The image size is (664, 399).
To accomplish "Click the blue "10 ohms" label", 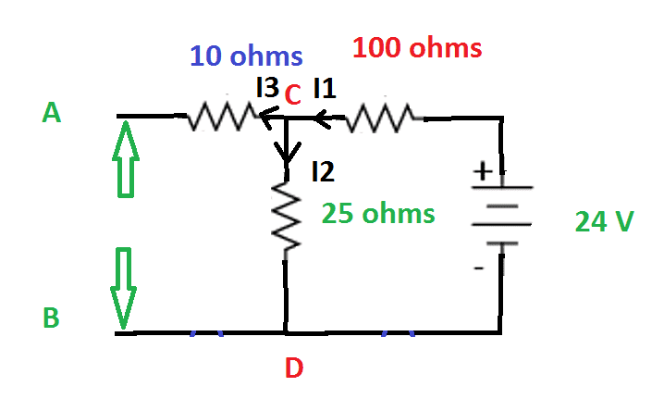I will click(x=246, y=56).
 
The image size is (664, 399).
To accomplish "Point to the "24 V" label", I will click(x=604, y=222).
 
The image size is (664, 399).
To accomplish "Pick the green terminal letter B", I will click(x=52, y=318).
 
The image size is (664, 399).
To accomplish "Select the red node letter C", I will click(x=292, y=94).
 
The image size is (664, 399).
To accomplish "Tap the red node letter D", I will click(x=293, y=369).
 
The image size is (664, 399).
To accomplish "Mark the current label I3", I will click(x=267, y=88).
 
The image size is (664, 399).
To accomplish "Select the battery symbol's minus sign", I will click(x=478, y=268).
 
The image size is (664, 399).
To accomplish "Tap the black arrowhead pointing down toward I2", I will click(x=287, y=151).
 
